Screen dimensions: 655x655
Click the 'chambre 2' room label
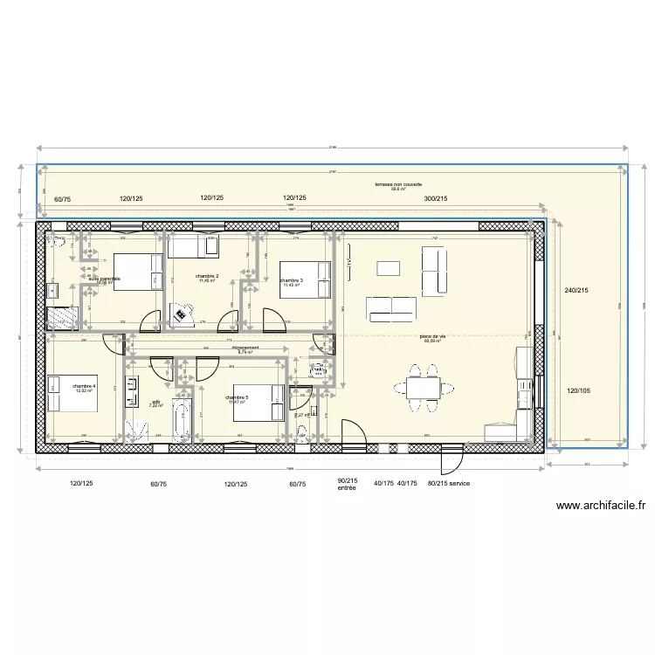click(x=207, y=277)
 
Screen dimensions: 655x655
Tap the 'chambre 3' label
click(x=292, y=279)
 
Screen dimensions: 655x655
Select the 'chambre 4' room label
click(x=85, y=385)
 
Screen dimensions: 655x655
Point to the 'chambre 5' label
click(x=237, y=397)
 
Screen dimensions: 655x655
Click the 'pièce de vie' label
click(x=432, y=337)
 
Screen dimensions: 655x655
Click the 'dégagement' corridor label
click(x=246, y=347)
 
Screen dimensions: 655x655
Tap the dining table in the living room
click(x=422, y=388)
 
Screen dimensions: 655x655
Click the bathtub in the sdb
click(x=183, y=421)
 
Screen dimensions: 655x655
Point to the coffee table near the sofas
click(x=387, y=267)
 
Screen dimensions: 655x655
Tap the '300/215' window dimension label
click(x=437, y=200)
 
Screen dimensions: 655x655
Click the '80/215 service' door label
click(x=448, y=482)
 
